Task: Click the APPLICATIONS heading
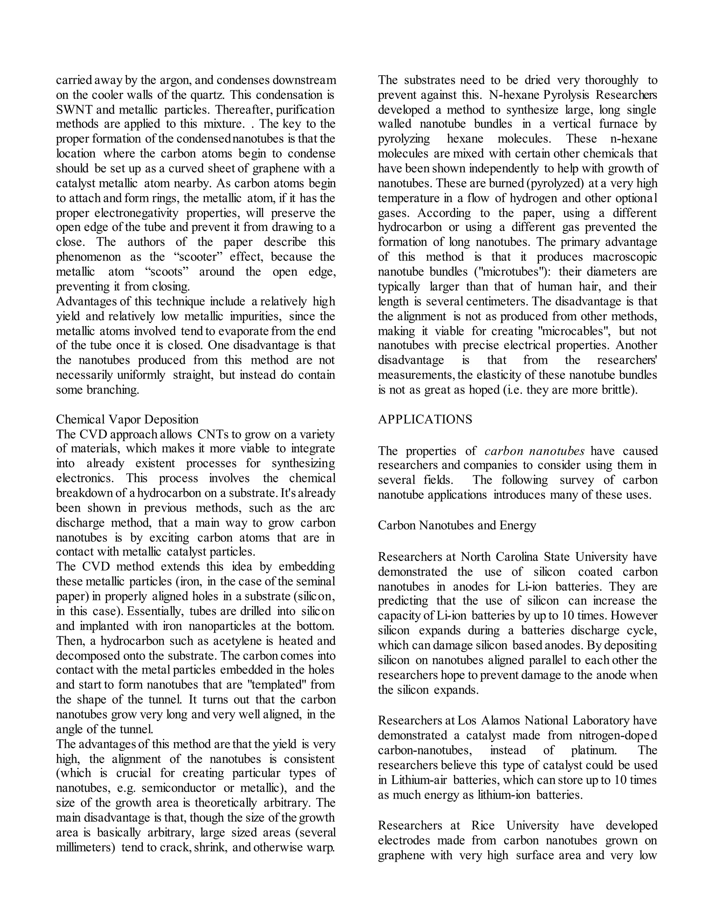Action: (x=425, y=420)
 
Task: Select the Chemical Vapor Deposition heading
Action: (x=127, y=420)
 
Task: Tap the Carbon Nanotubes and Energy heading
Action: (x=457, y=525)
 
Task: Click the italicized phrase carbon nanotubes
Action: (x=534, y=451)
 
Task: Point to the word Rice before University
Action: (x=483, y=825)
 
